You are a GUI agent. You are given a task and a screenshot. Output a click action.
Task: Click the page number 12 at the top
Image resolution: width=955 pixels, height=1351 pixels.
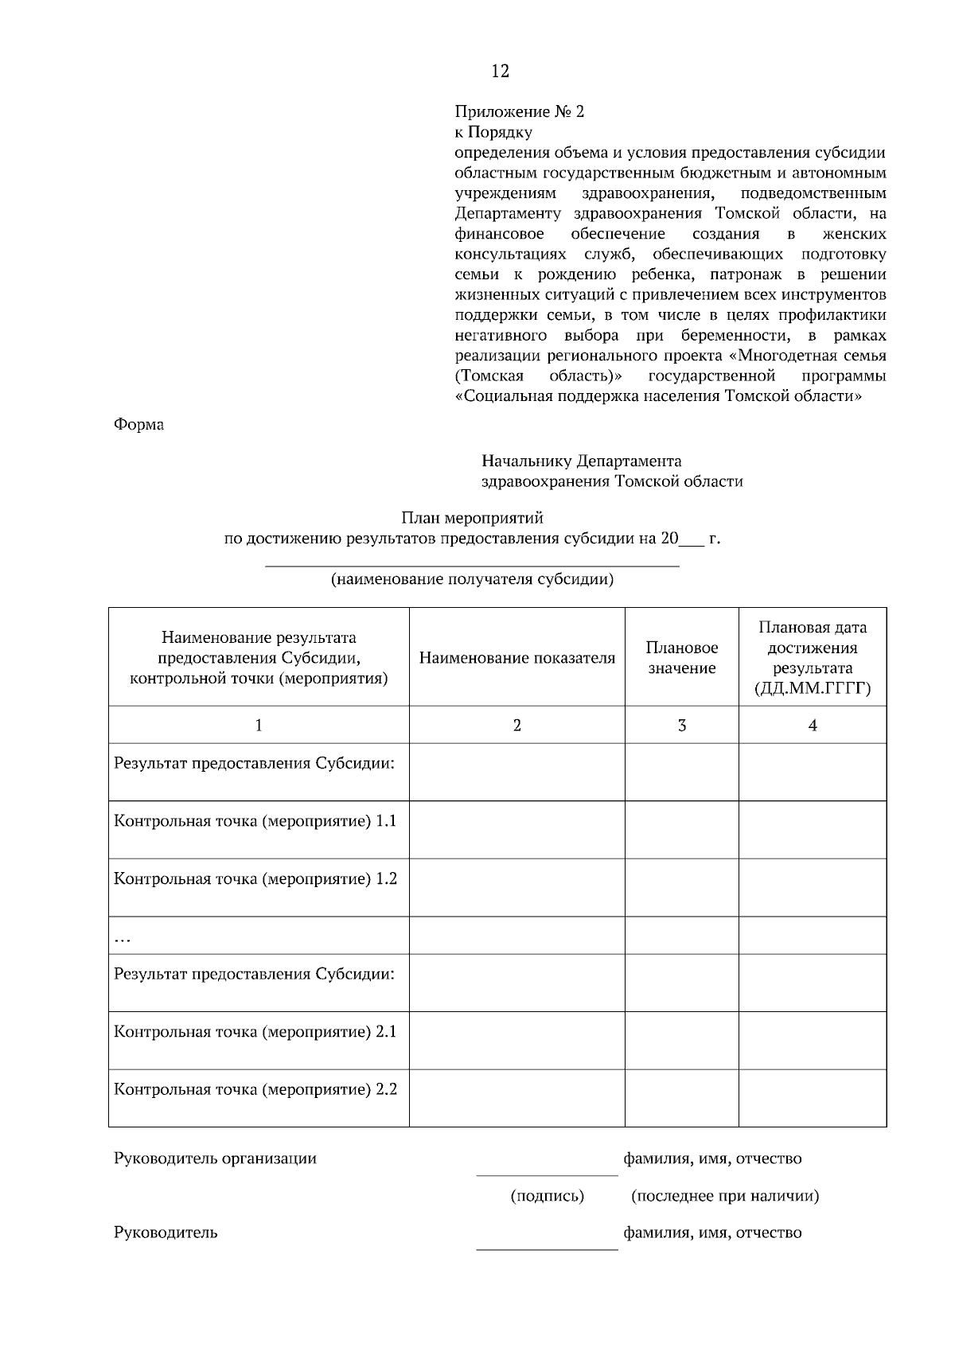(500, 71)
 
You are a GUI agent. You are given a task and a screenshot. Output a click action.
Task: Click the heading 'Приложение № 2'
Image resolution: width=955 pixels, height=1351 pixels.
(519, 111)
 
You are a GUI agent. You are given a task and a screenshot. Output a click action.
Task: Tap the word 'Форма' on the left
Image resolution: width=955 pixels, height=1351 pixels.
(139, 424)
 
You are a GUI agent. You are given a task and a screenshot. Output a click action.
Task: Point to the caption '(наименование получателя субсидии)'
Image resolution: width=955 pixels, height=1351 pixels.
(472, 579)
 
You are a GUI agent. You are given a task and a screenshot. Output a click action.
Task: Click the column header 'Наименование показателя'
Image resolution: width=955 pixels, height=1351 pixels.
(516, 658)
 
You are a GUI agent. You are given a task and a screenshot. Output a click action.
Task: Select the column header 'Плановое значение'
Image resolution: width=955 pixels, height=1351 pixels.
(681, 658)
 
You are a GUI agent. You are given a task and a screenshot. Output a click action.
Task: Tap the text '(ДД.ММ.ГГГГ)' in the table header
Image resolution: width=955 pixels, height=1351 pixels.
(812, 689)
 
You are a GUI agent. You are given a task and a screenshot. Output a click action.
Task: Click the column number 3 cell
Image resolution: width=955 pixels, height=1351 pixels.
(681, 725)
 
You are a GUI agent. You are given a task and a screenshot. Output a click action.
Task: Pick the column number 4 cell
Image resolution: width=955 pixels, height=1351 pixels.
(812, 725)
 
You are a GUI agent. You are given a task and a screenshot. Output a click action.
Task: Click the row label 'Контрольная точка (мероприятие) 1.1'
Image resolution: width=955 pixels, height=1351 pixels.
(255, 821)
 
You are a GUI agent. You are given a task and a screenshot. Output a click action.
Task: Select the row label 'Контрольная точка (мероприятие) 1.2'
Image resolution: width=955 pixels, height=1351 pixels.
(255, 878)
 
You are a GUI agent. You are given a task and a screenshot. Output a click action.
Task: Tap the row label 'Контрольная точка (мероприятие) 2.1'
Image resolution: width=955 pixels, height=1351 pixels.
(255, 1032)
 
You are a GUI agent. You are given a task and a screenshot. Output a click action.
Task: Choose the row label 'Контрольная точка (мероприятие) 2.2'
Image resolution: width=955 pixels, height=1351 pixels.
(255, 1089)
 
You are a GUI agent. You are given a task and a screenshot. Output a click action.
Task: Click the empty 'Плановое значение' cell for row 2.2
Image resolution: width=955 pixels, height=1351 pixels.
(681, 1098)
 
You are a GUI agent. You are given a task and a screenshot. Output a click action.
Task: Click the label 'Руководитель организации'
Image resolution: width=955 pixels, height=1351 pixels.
(215, 1158)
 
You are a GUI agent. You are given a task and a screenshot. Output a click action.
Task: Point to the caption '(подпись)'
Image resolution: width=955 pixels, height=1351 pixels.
(547, 1196)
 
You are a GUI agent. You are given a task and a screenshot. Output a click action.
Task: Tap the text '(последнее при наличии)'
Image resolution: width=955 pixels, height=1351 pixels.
(724, 1196)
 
